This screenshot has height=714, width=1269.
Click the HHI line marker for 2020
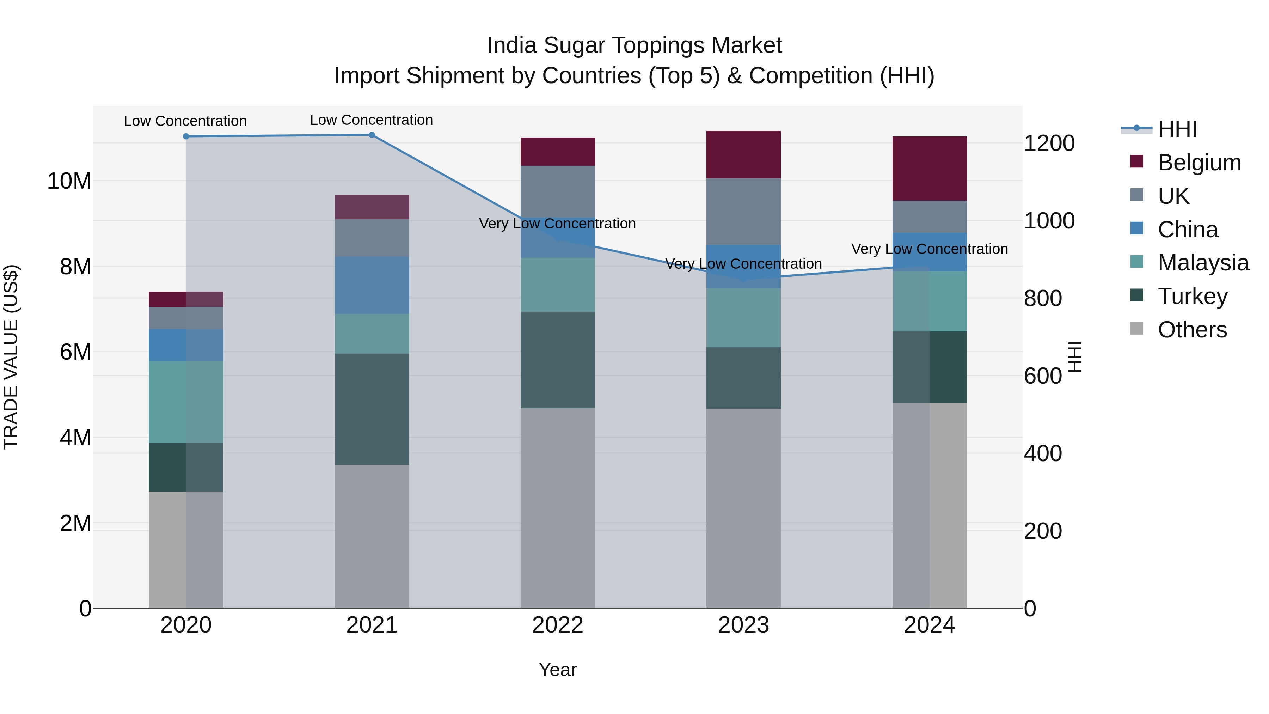(x=186, y=136)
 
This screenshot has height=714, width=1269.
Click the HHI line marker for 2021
(x=372, y=135)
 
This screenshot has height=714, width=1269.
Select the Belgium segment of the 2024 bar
(x=930, y=169)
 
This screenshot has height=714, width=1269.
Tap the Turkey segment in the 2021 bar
(x=372, y=409)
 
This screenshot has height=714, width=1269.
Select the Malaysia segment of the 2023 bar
(x=743, y=317)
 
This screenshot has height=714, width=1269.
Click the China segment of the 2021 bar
(x=372, y=285)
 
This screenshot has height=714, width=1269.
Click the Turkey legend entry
(x=1192, y=296)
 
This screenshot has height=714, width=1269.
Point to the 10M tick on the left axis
(x=69, y=181)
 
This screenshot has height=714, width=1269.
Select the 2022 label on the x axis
(x=558, y=625)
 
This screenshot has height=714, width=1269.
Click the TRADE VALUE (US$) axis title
(x=11, y=357)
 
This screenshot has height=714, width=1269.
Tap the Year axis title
(x=558, y=670)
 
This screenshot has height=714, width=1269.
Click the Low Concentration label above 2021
(x=372, y=120)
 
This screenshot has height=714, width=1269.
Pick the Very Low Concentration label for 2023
(x=743, y=264)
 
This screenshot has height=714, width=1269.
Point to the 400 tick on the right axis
(x=1042, y=453)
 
